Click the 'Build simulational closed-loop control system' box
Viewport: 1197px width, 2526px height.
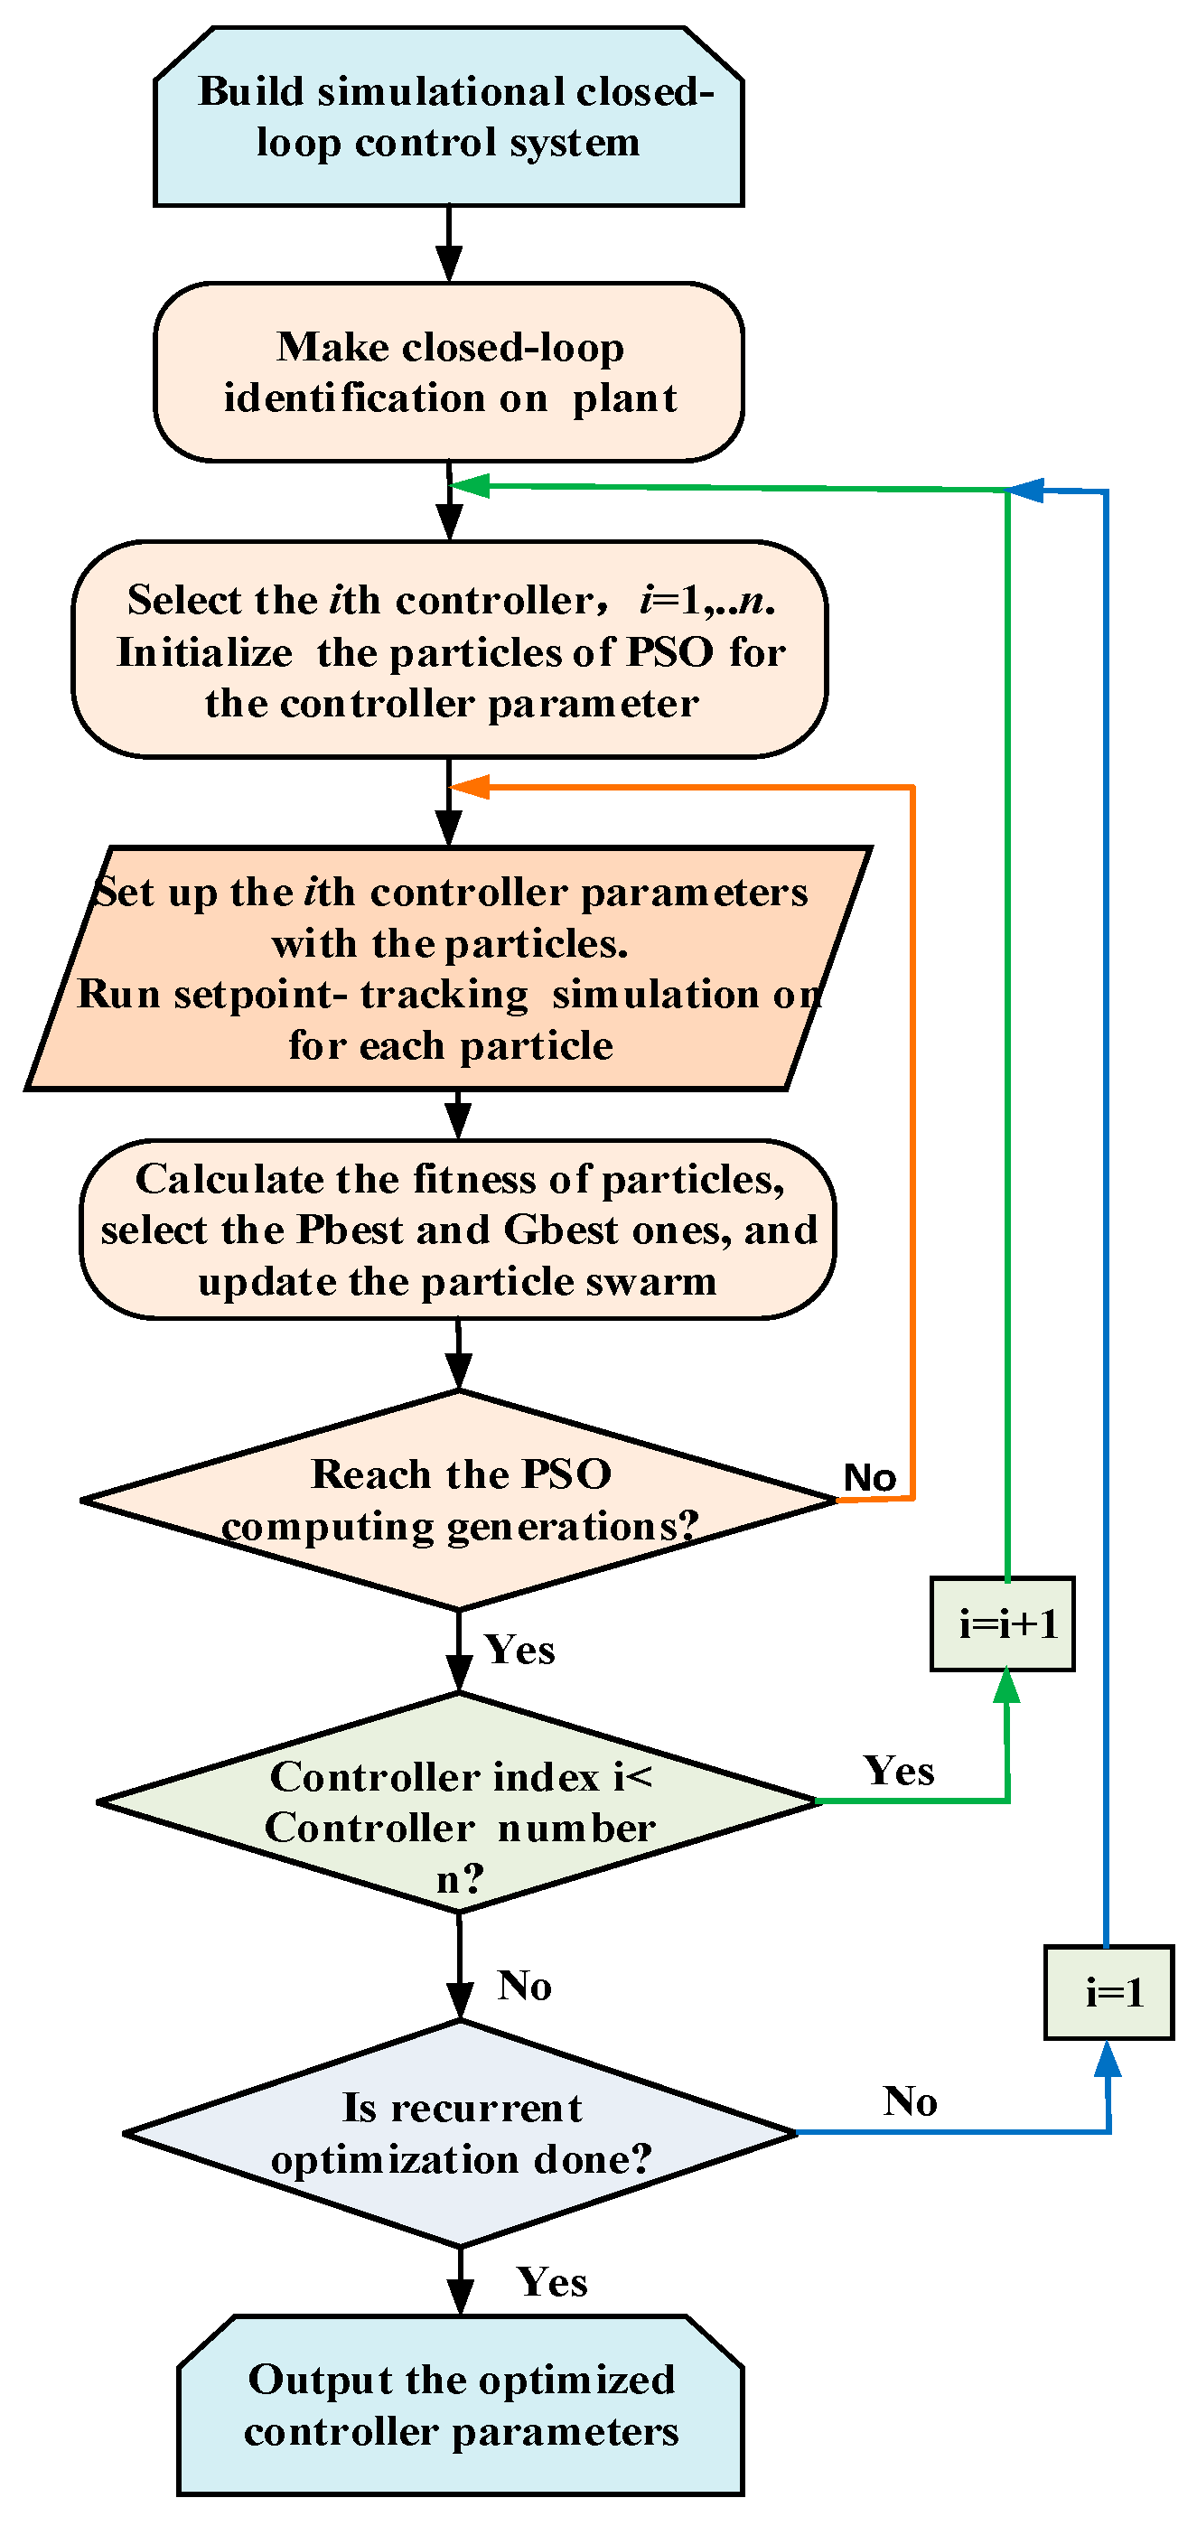[448, 117]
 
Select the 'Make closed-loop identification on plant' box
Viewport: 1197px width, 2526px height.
[448, 371]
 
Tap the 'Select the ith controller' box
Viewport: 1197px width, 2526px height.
[450, 650]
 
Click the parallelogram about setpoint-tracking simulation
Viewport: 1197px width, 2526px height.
[448, 968]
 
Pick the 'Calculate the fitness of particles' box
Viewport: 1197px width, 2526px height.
[458, 1229]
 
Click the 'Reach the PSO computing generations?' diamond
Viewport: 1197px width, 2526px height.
[459, 1500]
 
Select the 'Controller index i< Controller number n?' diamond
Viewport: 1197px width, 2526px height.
[459, 1801]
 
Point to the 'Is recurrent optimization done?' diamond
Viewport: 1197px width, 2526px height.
[460, 2133]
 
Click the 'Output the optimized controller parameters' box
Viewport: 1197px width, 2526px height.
[461, 2405]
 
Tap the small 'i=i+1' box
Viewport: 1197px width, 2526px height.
[1002, 1623]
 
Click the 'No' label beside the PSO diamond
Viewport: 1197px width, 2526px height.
[870, 1477]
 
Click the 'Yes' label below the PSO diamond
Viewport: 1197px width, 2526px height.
[519, 1650]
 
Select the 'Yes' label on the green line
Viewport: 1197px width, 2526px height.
[899, 1771]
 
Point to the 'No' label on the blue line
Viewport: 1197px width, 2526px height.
[910, 2101]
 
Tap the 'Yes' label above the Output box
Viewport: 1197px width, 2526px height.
[552, 2282]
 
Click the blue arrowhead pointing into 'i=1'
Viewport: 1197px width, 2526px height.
[1107, 2057]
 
